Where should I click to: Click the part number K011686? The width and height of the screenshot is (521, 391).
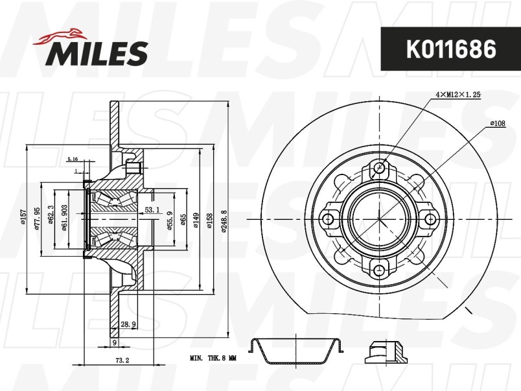(451, 49)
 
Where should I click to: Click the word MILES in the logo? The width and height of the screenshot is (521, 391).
(97, 53)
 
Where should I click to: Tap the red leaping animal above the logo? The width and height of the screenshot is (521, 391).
(60, 36)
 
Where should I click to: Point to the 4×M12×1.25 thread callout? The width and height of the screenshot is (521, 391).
(458, 95)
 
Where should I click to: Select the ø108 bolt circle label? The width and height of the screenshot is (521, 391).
(498, 124)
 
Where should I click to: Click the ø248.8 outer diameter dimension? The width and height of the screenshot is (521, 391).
(224, 221)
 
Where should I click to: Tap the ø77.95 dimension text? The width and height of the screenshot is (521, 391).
(37, 219)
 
